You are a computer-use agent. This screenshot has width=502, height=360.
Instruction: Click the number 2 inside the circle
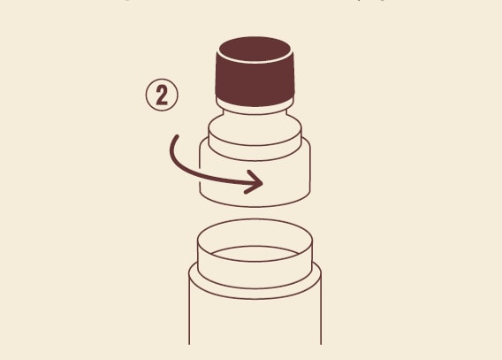pyautogui.click(x=162, y=96)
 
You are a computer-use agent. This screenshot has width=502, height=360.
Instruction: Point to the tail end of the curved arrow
pyautogui.click(x=177, y=137)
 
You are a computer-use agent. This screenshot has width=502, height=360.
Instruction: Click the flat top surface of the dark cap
pyautogui.click(x=255, y=49)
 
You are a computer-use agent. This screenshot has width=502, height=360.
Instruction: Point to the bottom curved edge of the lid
pyautogui.click(x=255, y=205)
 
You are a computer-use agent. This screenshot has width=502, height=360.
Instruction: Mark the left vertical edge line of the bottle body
pyautogui.click(x=189, y=310)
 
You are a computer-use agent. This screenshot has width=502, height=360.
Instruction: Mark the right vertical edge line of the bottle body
pyautogui.click(x=321, y=310)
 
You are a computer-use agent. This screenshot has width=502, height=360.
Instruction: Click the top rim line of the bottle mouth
pyautogui.click(x=255, y=219)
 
